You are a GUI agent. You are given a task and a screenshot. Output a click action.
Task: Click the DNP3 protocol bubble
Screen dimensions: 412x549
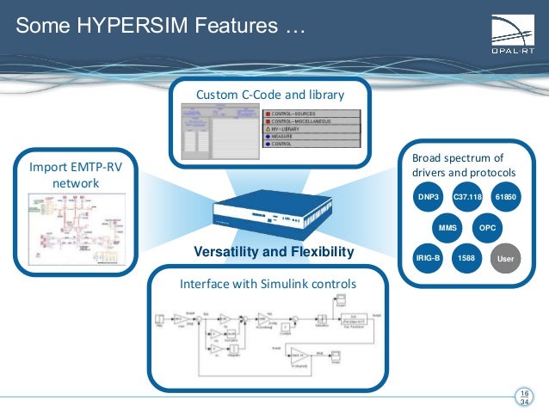pyautogui.click(x=428, y=198)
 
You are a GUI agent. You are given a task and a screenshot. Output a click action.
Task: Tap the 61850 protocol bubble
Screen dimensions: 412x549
pyautogui.click(x=506, y=198)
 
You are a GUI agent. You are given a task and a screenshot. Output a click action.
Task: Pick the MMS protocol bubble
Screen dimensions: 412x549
pyautogui.click(x=447, y=228)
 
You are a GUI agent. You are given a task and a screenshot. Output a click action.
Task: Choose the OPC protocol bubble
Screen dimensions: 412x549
pyautogui.click(x=488, y=228)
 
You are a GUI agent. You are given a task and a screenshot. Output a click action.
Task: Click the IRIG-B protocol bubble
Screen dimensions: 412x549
pyautogui.click(x=428, y=257)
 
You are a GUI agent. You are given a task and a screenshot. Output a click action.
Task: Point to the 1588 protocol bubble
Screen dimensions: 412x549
pyautogui.click(x=466, y=257)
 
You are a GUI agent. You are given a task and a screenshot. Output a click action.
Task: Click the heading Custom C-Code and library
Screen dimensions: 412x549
pyautogui.click(x=270, y=94)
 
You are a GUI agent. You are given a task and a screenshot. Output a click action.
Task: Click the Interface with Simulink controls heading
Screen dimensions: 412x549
pyautogui.click(x=268, y=284)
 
